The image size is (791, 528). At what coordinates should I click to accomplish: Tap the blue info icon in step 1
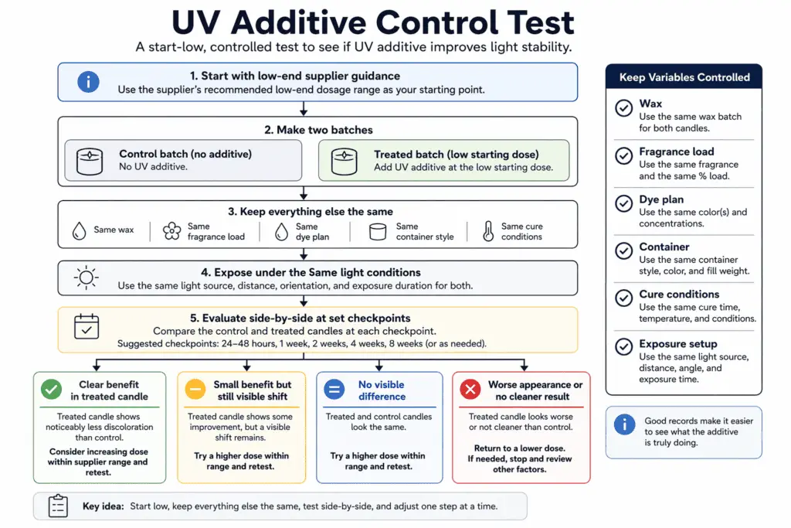(88, 81)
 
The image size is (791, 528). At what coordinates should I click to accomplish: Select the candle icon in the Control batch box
(90, 161)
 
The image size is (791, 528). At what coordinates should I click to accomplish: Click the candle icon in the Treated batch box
(344, 161)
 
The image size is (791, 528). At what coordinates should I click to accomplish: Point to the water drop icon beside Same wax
(78, 230)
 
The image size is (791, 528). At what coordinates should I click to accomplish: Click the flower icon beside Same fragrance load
(171, 231)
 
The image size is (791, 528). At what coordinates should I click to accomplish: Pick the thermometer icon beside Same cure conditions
(487, 231)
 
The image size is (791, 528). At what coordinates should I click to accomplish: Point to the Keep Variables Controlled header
(684, 77)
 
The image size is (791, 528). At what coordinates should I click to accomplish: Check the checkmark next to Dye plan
(623, 203)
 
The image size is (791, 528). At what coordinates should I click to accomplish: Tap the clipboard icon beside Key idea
(59, 506)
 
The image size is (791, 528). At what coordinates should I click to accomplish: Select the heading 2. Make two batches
(317, 130)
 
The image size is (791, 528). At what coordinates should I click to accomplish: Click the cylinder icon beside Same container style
(378, 231)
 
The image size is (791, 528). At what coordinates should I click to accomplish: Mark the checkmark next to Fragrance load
(623, 155)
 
